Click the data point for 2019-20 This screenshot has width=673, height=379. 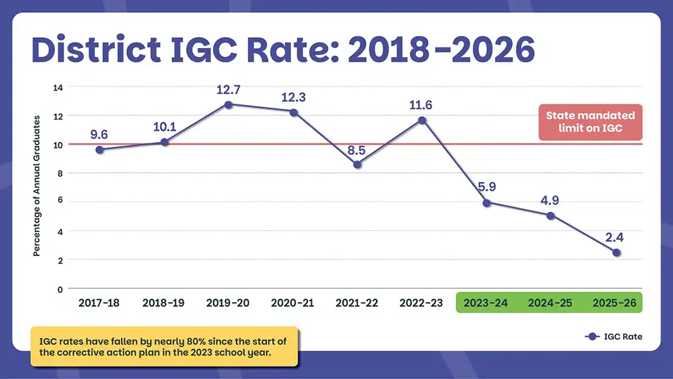[229, 105]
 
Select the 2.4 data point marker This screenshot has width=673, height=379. [616, 253]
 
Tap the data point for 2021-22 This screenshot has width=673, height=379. [357, 164]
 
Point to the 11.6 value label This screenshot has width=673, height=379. [420, 105]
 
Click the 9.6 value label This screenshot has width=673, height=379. [98, 135]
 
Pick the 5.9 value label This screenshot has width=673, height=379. [487, 187]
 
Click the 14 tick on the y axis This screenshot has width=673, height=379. [58, 88]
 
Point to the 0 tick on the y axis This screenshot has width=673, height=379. [60, 290]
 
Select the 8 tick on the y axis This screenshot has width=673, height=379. [60, 174]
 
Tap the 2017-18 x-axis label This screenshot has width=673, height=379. [98, 303]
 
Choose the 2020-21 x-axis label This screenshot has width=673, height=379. [292, 303]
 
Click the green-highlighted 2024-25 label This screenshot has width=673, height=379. [550, 303]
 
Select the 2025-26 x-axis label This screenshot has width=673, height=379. [614, 303]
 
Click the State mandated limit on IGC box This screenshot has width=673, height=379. [590, 123]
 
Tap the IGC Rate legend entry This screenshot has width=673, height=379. [614, 337]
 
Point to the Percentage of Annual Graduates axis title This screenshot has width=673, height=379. [37, 186]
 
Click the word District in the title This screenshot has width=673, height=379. [96, 49]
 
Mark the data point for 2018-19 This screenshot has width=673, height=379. [164, 142]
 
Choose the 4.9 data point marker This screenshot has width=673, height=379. [551, 216]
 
